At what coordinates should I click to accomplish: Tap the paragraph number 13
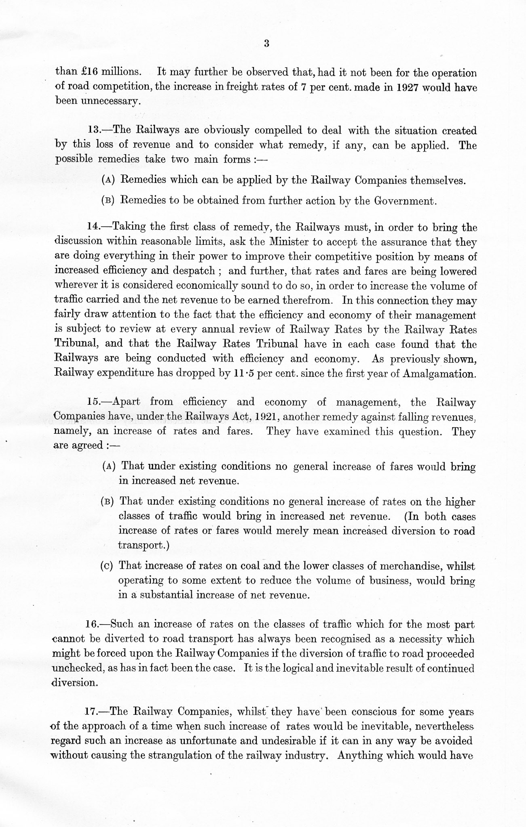pyautogui.click(x=94, y=131)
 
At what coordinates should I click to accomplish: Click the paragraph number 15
pyautogui.click(x=94, y=402)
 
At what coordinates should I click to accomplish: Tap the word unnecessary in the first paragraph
pyautogui.click(x=98, y=101)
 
